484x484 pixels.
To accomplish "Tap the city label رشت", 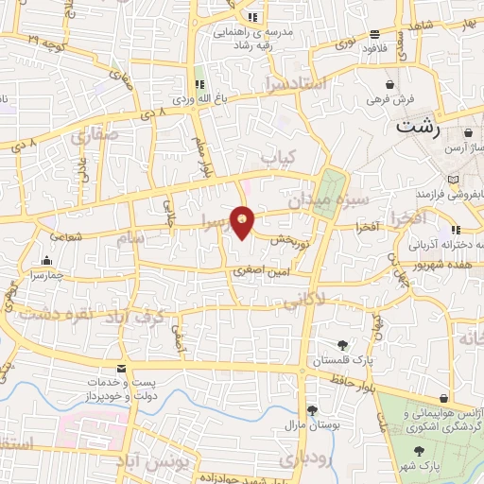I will pyautogui.click(x=422, y=126).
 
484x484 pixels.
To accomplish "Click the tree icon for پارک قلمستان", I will pyautogui.click(x=342, y=345).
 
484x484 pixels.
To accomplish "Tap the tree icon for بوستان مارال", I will pyautogui.click(x=311, y=409).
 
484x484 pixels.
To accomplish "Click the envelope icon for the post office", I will pyautogui.click(x=120, y=368).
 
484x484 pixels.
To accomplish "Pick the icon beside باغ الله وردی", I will pyautogui.click(x=199, y=83).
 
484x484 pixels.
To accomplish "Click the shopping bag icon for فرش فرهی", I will pyautogui.click(x=389, y=84).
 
